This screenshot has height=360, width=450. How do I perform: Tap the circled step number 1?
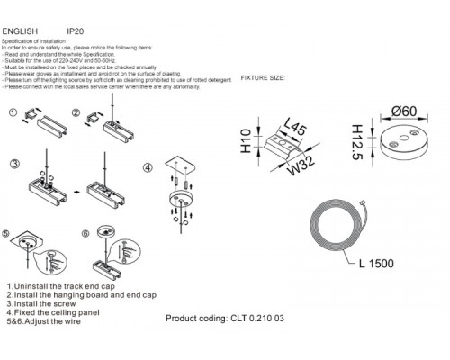pyautogui.click(x=13, y=114)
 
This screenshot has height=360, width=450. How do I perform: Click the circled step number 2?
pyautogui.click(x=77, y=114)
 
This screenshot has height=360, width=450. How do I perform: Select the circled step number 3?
pyautogui.click(x=13, y=166)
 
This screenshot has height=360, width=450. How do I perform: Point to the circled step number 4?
pyautogui.click(x=148, y=168)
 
